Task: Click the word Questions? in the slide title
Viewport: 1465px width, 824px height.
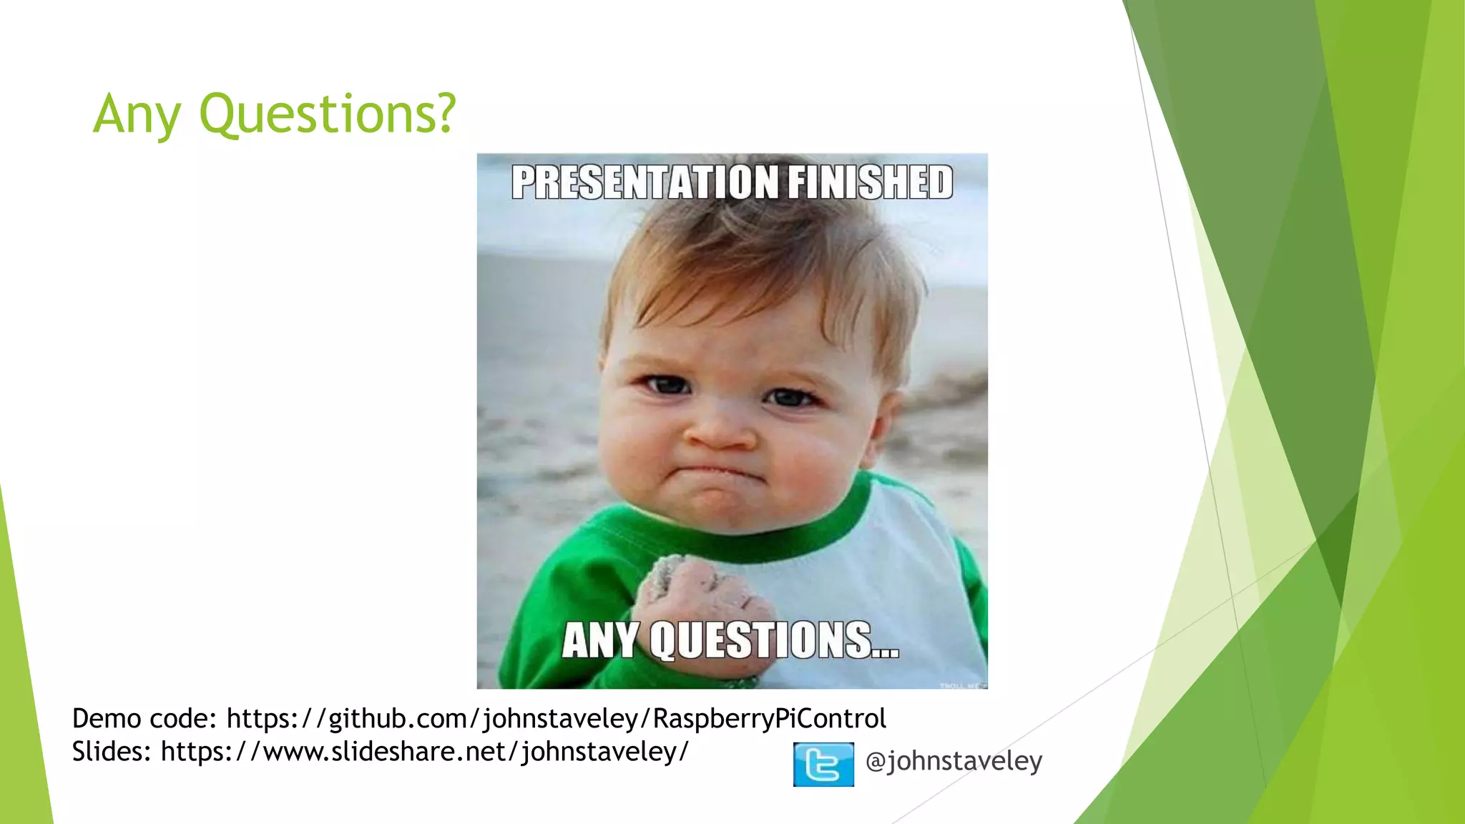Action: coord(327,114)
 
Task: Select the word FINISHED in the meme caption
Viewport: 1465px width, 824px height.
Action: coord(871,182)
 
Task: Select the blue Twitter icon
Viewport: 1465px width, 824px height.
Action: coord(823,765)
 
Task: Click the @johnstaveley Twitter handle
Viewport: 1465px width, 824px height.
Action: coord(954,760)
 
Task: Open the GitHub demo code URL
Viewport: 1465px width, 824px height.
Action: coord(557,718)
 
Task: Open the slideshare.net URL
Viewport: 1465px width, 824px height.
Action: coord(425,752)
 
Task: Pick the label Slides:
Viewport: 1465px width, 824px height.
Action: coord(111,752)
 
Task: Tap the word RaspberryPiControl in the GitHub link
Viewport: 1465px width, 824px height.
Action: coord(770,718)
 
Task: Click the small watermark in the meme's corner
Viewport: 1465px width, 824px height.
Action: coord(962,685)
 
